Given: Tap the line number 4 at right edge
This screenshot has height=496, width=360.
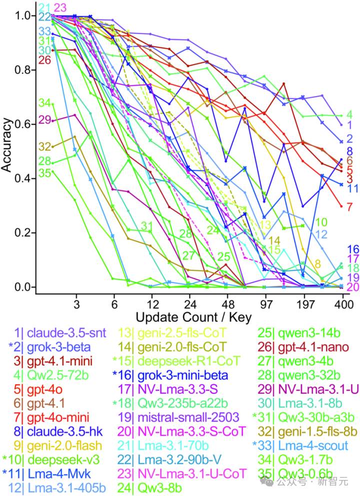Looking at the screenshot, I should pos(349,115).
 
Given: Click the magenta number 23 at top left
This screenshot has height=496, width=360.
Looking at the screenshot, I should pos(60,8).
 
